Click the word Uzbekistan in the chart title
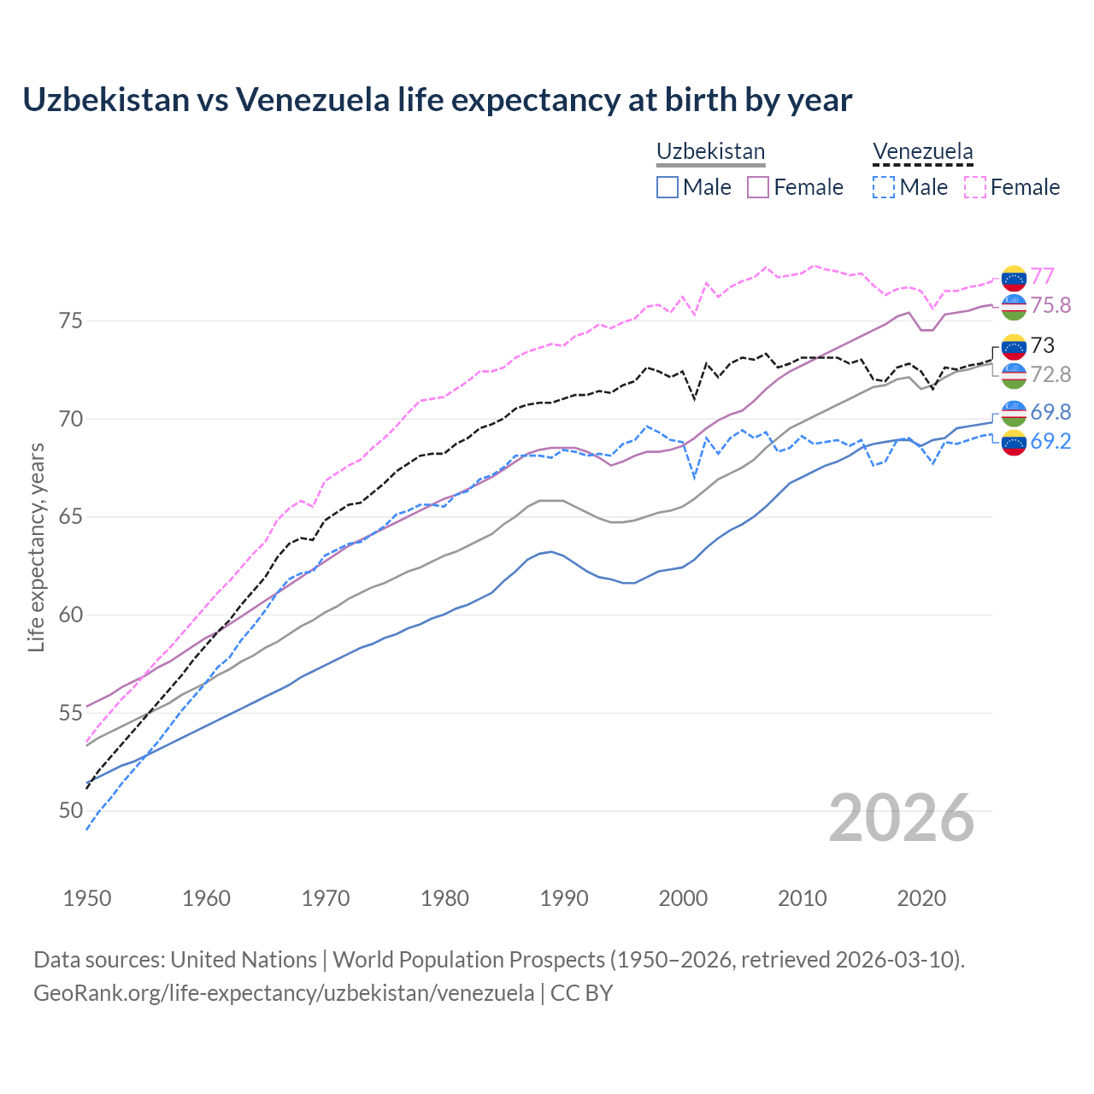[x=105, y=100]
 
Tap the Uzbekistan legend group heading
[x=710, y=152]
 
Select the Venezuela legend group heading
[x=922, y=152]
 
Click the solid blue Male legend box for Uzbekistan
[x=668, y=187]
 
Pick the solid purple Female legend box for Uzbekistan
[x=758, y=187]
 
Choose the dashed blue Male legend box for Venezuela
[x=884, y=187]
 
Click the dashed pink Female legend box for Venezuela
[x=975, y=187]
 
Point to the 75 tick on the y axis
[x=71, y=321]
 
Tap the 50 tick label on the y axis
[x=71, y=811]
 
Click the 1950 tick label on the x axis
[x=87, y=898]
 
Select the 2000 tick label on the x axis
[x=683, y=898]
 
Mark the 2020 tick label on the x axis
[x=921, y=898]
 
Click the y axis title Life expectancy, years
[x=37, y=547]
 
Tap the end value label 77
[x=1042, y=276]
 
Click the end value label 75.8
[x=1050, y=305]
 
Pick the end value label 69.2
[x=1050, y=441]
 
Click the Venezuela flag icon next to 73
[x=1014, y=346]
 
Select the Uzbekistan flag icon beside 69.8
[x=1014, y=413]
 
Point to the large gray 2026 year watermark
[x=902, y=818]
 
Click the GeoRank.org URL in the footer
[x=284, y=993]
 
